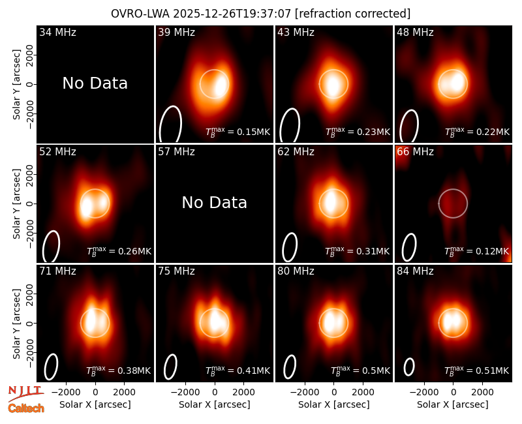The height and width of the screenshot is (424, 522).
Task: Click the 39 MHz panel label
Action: point(176,32)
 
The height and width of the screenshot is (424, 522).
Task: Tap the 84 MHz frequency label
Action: point(415,271)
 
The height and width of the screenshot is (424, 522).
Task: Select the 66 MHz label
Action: point(415,152)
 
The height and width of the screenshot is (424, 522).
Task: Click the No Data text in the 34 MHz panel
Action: point(95,83)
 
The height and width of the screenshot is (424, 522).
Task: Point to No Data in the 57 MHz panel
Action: point(215,202)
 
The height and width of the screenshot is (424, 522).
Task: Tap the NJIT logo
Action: point(25,393)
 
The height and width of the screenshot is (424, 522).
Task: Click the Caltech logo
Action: point(26,408)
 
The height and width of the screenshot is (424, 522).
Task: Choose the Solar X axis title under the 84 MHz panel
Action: point(453,404)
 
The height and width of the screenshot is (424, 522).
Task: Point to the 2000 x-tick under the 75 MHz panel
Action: point(243,393)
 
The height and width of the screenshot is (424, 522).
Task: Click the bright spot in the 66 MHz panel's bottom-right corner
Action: point(508,248)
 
